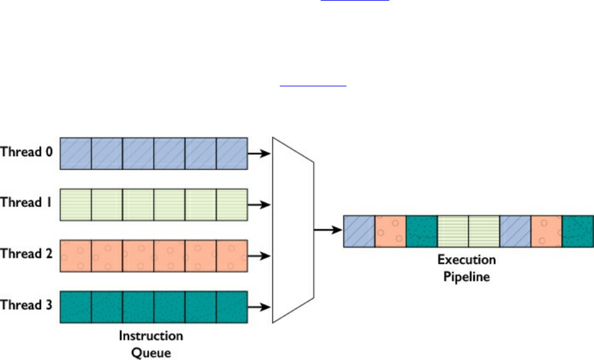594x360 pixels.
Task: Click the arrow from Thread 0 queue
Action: (x=259, y=153)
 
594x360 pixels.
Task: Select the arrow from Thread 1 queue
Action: (x=259, y=204)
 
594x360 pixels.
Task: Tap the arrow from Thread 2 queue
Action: (x=259, y=256)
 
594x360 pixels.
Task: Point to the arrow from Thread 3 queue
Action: (x=259, y=307)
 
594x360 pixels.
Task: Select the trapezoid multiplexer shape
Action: (x=293, y=230)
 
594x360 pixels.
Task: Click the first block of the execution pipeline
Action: (x=359, y=231)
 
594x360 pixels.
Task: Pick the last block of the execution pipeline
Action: (x=578, y=231)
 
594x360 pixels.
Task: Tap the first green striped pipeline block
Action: (x=453, y=231)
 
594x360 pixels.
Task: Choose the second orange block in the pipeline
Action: (x=546, y=231)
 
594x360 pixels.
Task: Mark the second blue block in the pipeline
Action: (x=515, y=231)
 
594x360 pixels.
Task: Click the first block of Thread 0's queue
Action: (x=76, y=153)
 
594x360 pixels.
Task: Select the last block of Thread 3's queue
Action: (x=232, y=307)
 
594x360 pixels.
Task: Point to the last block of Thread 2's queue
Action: (x=232, y=256)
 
